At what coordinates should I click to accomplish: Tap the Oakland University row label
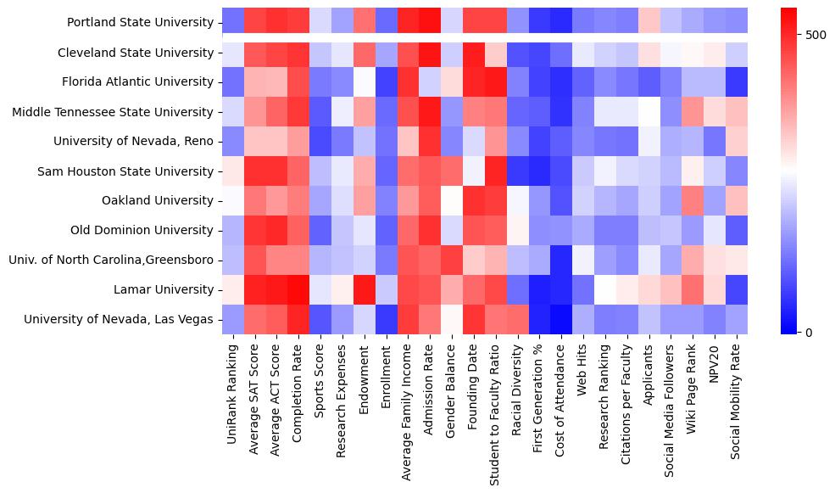[159, 200]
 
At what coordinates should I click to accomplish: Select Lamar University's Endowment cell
[365, 289]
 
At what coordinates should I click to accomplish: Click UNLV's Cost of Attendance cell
[562, 319]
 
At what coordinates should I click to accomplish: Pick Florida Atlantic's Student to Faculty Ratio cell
[496, 81]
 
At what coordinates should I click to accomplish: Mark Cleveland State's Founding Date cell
[474, 53]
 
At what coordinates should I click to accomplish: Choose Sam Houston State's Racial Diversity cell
[518, 171]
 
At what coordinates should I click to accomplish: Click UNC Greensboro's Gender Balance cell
[453, 260]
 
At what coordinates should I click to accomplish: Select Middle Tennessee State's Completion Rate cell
[299, 111]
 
